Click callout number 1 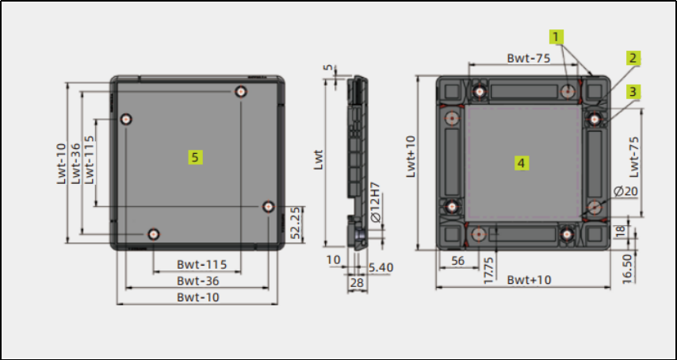557,37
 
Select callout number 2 633,58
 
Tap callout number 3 633,91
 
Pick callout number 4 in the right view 522,163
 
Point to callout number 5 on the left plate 195,157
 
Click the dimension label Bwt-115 201,264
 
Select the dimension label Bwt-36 198,281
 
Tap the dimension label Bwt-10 198,297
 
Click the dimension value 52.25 296,224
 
